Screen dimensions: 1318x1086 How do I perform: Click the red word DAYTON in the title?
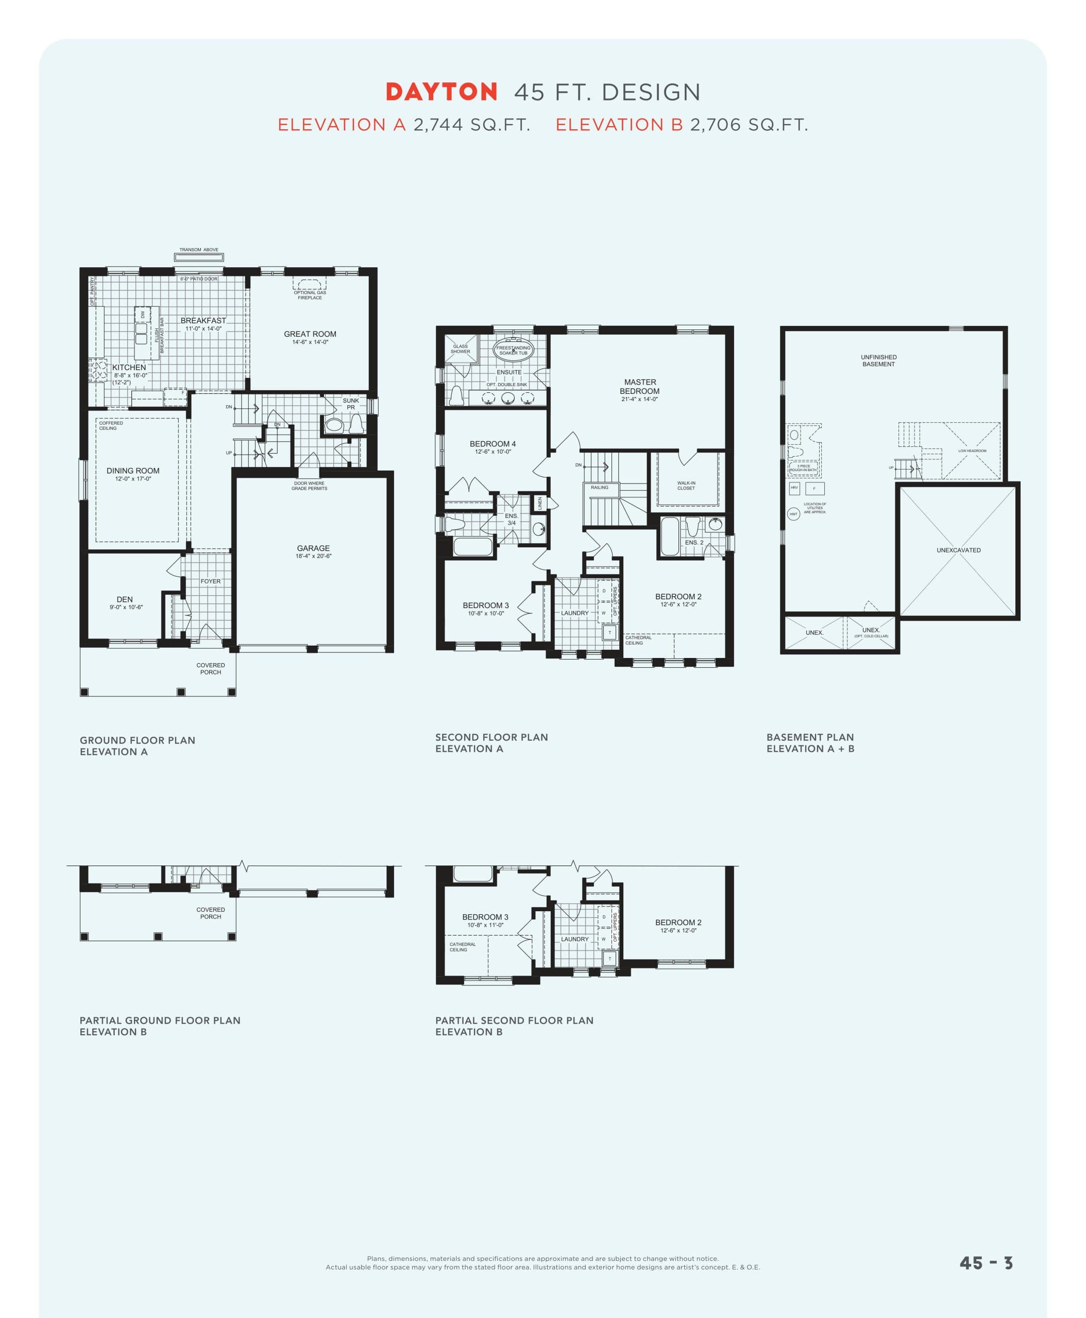pos(441,93)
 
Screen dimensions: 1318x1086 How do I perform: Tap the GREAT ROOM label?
pos(310,335)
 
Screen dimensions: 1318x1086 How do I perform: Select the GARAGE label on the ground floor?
pos(313,548)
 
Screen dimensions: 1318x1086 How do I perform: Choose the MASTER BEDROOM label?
pos(639,387)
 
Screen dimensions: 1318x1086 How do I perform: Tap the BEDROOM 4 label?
pos(493,444)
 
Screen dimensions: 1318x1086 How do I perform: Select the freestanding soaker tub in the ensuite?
pos(513,350)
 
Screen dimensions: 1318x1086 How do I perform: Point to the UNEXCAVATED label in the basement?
pos(958,550)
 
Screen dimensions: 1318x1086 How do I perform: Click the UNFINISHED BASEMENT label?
pos(878,361)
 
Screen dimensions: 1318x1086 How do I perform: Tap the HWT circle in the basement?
pos(793,514)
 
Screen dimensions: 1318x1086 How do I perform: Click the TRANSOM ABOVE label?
pos(199,250)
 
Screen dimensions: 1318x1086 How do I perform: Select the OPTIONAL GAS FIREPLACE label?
pos(310,294)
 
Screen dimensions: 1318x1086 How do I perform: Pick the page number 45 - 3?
pos(986,1263)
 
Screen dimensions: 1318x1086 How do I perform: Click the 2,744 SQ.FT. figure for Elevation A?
pos(472,125)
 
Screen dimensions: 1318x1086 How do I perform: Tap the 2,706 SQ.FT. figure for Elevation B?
pos(749,125)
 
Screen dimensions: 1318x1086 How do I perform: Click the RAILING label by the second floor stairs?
pos(599,488)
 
